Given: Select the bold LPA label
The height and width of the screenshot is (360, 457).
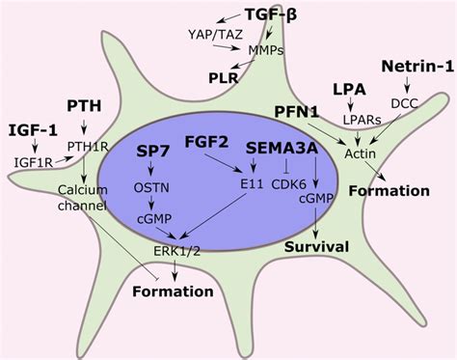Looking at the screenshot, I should coord(350,89).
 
